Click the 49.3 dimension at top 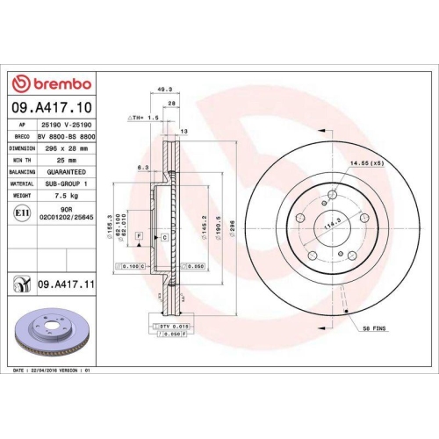(162, 89)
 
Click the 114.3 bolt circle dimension (333, 223)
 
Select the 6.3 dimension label (143, 167)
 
